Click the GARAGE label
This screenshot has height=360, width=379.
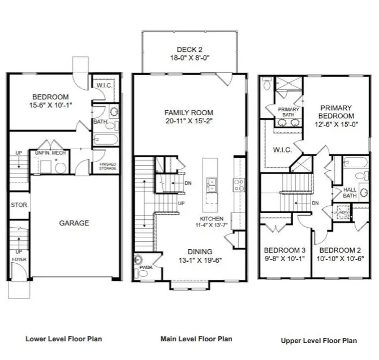tap(74, 223)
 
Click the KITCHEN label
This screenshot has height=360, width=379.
tap(212, 219)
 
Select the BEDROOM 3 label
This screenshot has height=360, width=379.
tap(285, 250)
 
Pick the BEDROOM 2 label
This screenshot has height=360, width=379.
tap(339, 250)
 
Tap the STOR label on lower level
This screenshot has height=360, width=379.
tap(19, 205)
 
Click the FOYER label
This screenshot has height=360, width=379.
tap(19, 259)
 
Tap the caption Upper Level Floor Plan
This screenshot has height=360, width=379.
tap(318, 341)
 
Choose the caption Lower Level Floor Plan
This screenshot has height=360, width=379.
tap(64, 339)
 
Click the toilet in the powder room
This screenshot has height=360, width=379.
tap(139, 262)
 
